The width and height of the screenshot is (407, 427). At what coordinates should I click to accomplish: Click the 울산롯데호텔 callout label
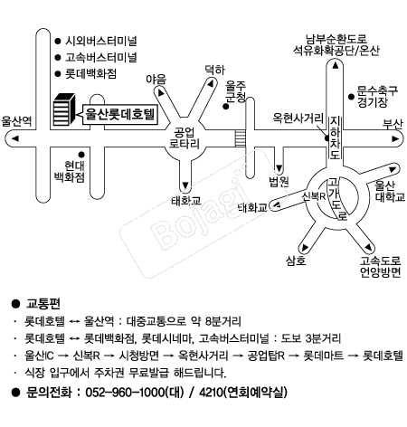click(x=120, y=114)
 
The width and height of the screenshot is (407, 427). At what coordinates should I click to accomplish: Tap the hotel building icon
click(x=64, y=109)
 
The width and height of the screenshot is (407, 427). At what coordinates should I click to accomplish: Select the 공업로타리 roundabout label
click(x=185, y=138)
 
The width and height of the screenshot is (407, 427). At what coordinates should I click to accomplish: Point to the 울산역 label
click(x=17, y=121)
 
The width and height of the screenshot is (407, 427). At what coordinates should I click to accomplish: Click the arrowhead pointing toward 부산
click(x=395, y=138)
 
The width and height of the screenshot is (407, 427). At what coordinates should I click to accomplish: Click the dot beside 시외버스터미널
click(x=58, y=41)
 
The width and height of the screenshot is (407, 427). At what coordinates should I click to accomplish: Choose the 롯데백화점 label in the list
click(x=90, y=73)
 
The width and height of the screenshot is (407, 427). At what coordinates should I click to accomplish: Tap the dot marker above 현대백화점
click(x=81, y=155)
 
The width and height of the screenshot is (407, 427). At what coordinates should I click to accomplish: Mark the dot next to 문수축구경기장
click(x=351, y=97)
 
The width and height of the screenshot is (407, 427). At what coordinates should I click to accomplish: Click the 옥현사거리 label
click(x=298, y=118)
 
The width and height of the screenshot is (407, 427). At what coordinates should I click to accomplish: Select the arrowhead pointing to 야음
click(x=161, y=92)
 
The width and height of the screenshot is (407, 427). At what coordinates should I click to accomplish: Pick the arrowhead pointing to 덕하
click(x=211, y=83)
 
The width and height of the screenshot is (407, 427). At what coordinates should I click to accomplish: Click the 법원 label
click(x=279, y=182)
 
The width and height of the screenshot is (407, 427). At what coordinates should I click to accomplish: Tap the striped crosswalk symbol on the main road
click(x=241, y=138)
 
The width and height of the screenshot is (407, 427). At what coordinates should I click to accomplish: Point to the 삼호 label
click(x=296, y=261)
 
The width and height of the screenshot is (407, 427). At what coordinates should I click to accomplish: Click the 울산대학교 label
click(x=389, y=191)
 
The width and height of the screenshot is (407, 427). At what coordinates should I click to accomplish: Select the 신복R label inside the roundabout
click(x=314, y=196)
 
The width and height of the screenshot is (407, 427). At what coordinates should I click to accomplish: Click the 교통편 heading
click(x=43, y=304)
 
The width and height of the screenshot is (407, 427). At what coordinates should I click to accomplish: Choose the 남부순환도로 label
click(x=336, y=39)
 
